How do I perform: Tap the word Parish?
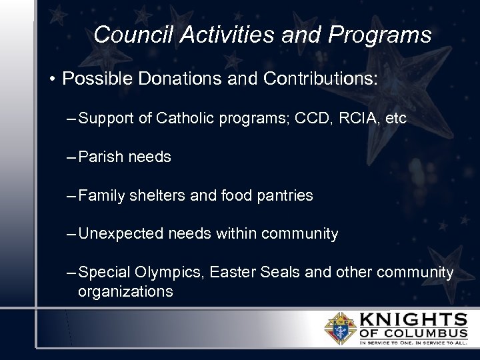[99, 157]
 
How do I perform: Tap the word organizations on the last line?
[125, 291]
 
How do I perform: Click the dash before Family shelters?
[71, 196]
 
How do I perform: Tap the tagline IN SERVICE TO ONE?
[386, 343]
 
